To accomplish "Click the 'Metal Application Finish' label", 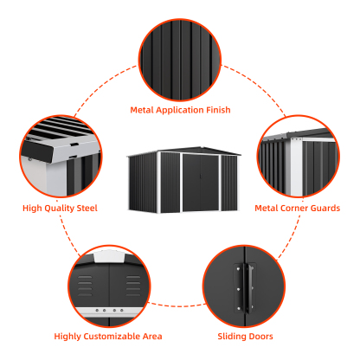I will [180, 110].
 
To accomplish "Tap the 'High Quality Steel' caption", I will [60, 208].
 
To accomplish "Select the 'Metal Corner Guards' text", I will [297, 208].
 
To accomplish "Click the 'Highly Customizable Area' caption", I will [108, 336].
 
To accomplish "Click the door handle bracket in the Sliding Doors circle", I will [240, 286].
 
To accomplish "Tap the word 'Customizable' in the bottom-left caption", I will [114, 336].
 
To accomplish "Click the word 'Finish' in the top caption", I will [217, 110].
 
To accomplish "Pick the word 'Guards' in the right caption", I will [325, 208].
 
